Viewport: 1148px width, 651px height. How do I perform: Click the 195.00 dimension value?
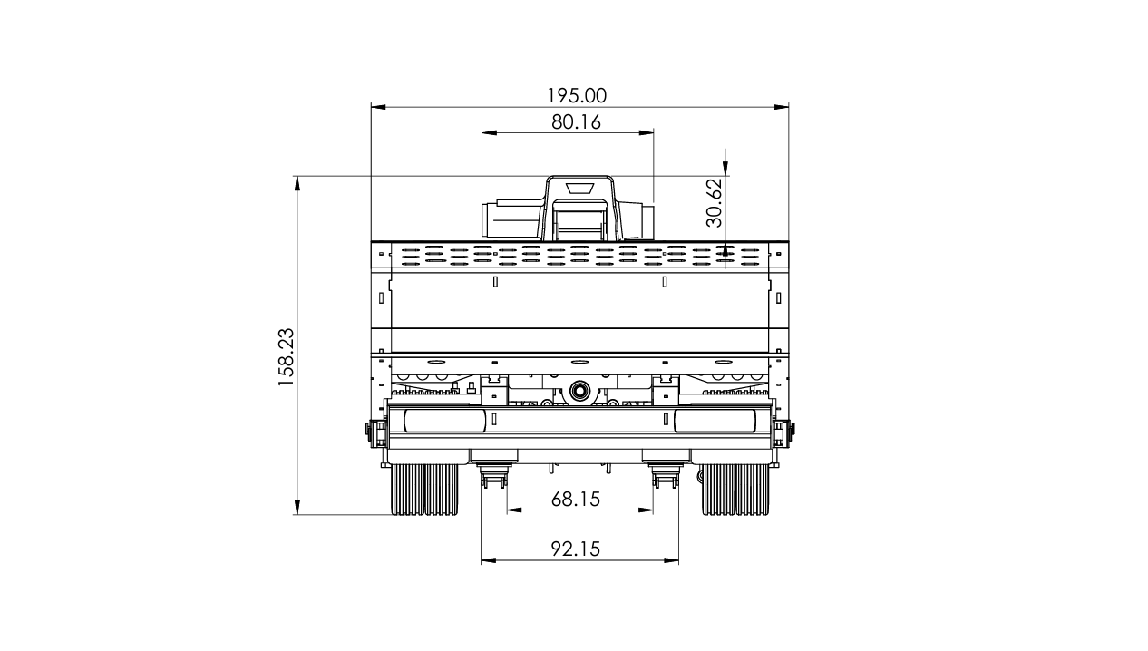(577, 96)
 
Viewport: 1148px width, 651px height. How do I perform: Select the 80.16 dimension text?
(576, 122)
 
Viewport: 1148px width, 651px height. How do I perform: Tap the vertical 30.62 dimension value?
(714, 202)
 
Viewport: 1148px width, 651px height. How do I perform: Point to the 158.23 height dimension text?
(286, 357)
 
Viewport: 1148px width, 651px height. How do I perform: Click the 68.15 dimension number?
(576, 500)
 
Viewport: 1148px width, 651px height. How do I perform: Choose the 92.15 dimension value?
(576, 549)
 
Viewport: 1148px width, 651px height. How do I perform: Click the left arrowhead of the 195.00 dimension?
(378, 107)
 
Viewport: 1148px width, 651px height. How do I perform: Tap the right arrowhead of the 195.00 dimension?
(782, 107)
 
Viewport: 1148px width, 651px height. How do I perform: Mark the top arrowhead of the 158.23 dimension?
(297, 183)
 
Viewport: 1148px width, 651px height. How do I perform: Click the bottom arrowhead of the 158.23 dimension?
(297, 508)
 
